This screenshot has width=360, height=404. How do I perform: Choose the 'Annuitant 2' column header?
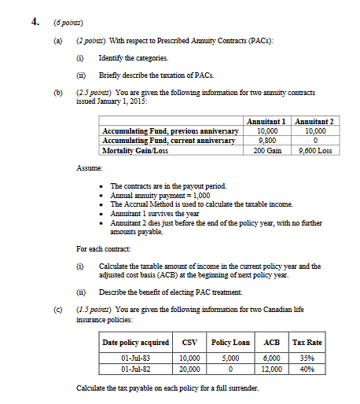click(x=314, y=120)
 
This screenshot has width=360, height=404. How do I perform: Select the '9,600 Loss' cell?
click(x=314, y=149)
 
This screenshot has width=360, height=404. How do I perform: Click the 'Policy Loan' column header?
click(x=230, y=342)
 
